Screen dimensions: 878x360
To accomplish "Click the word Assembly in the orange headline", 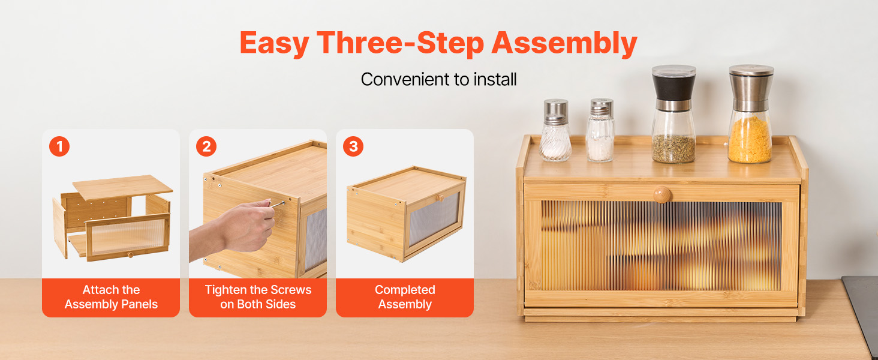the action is [564, 43].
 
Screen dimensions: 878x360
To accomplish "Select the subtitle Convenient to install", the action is [438, 79].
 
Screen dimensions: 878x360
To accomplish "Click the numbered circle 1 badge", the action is [59, 146].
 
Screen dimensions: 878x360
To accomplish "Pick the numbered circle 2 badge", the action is [206, 146].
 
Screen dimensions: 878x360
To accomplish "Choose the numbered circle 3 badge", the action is [353, 146].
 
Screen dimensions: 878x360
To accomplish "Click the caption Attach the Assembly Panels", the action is [111, 297].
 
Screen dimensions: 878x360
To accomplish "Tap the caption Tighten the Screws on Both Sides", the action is [258, 297].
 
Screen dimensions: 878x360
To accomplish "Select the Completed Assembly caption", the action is [405, 297].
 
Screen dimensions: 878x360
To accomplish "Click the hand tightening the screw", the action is [239, 229].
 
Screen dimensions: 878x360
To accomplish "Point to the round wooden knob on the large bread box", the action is [663, 194].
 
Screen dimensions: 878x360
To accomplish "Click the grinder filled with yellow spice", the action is [750, 114].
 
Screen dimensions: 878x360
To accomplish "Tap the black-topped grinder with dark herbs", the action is [673, 114].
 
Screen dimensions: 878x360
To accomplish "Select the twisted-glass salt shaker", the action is [555, 130].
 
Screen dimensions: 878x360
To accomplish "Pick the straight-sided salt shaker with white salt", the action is [600, 130].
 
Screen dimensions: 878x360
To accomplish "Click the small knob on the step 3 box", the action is [441, 198].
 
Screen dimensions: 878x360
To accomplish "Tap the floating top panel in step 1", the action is [123, 187].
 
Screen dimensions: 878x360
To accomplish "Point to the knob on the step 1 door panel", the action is [131, 255].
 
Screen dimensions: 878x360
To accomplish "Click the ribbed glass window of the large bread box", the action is [661, 246].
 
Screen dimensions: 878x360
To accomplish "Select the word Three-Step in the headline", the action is [400, 43].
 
